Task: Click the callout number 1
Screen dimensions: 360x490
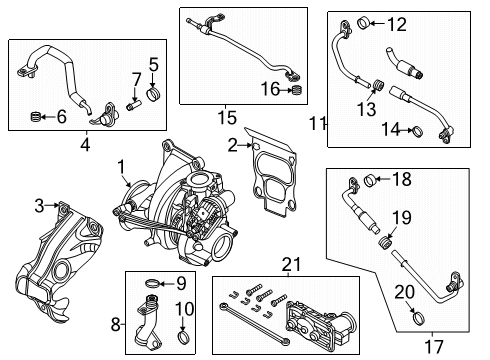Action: pyautogui.click(x=120, y=166)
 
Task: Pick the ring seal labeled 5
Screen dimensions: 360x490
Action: pyautogui.click(x=153, y=96)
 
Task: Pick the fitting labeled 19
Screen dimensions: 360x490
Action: pyautogui.click(x=383, y=241)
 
